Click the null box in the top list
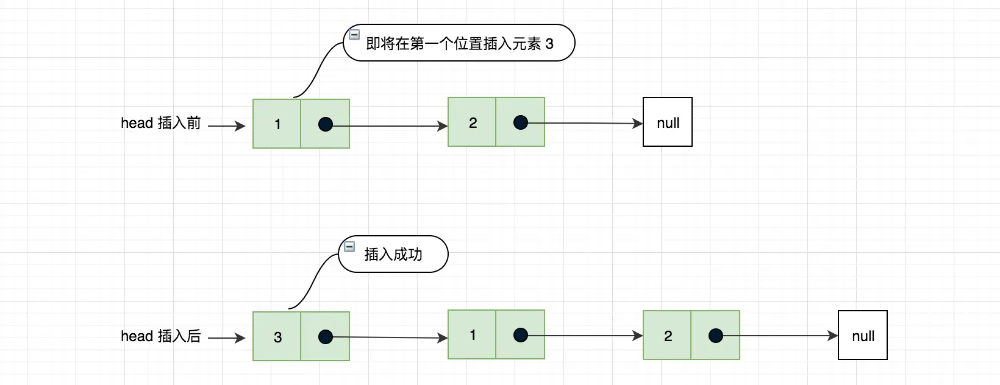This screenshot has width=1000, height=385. (x=668, y=122)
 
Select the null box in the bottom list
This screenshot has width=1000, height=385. (x=863, y=336)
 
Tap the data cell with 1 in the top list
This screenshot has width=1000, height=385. (x=277, y=124)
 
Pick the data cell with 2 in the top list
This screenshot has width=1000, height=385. (x=473, y=122)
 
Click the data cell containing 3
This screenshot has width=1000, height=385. (x=277, y=337)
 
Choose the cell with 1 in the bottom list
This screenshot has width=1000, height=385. (x=473, y=335)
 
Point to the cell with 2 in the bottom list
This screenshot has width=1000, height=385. (x=668, y=336)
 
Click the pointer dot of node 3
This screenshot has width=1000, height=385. (x=326, y=337)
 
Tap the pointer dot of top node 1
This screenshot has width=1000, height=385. (x=326, y=125)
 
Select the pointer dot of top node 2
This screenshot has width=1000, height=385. (x=521, y=122)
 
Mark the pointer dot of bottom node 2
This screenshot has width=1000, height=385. (x=716, y=336)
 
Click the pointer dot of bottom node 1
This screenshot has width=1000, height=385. (x=521, y=335)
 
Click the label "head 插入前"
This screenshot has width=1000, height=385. (x=161, y=123)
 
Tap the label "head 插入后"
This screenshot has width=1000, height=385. (x=161, y=336)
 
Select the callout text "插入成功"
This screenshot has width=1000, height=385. (x=393, y=255)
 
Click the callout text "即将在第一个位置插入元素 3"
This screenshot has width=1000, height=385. (x=460, y=44)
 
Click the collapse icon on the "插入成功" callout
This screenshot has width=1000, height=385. (x=349, y=247)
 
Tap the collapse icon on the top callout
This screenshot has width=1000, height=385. (x=354, y=35)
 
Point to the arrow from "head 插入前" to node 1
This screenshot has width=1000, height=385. (x=226, y=126)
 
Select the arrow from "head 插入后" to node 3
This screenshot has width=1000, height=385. (x=226, y=338)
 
